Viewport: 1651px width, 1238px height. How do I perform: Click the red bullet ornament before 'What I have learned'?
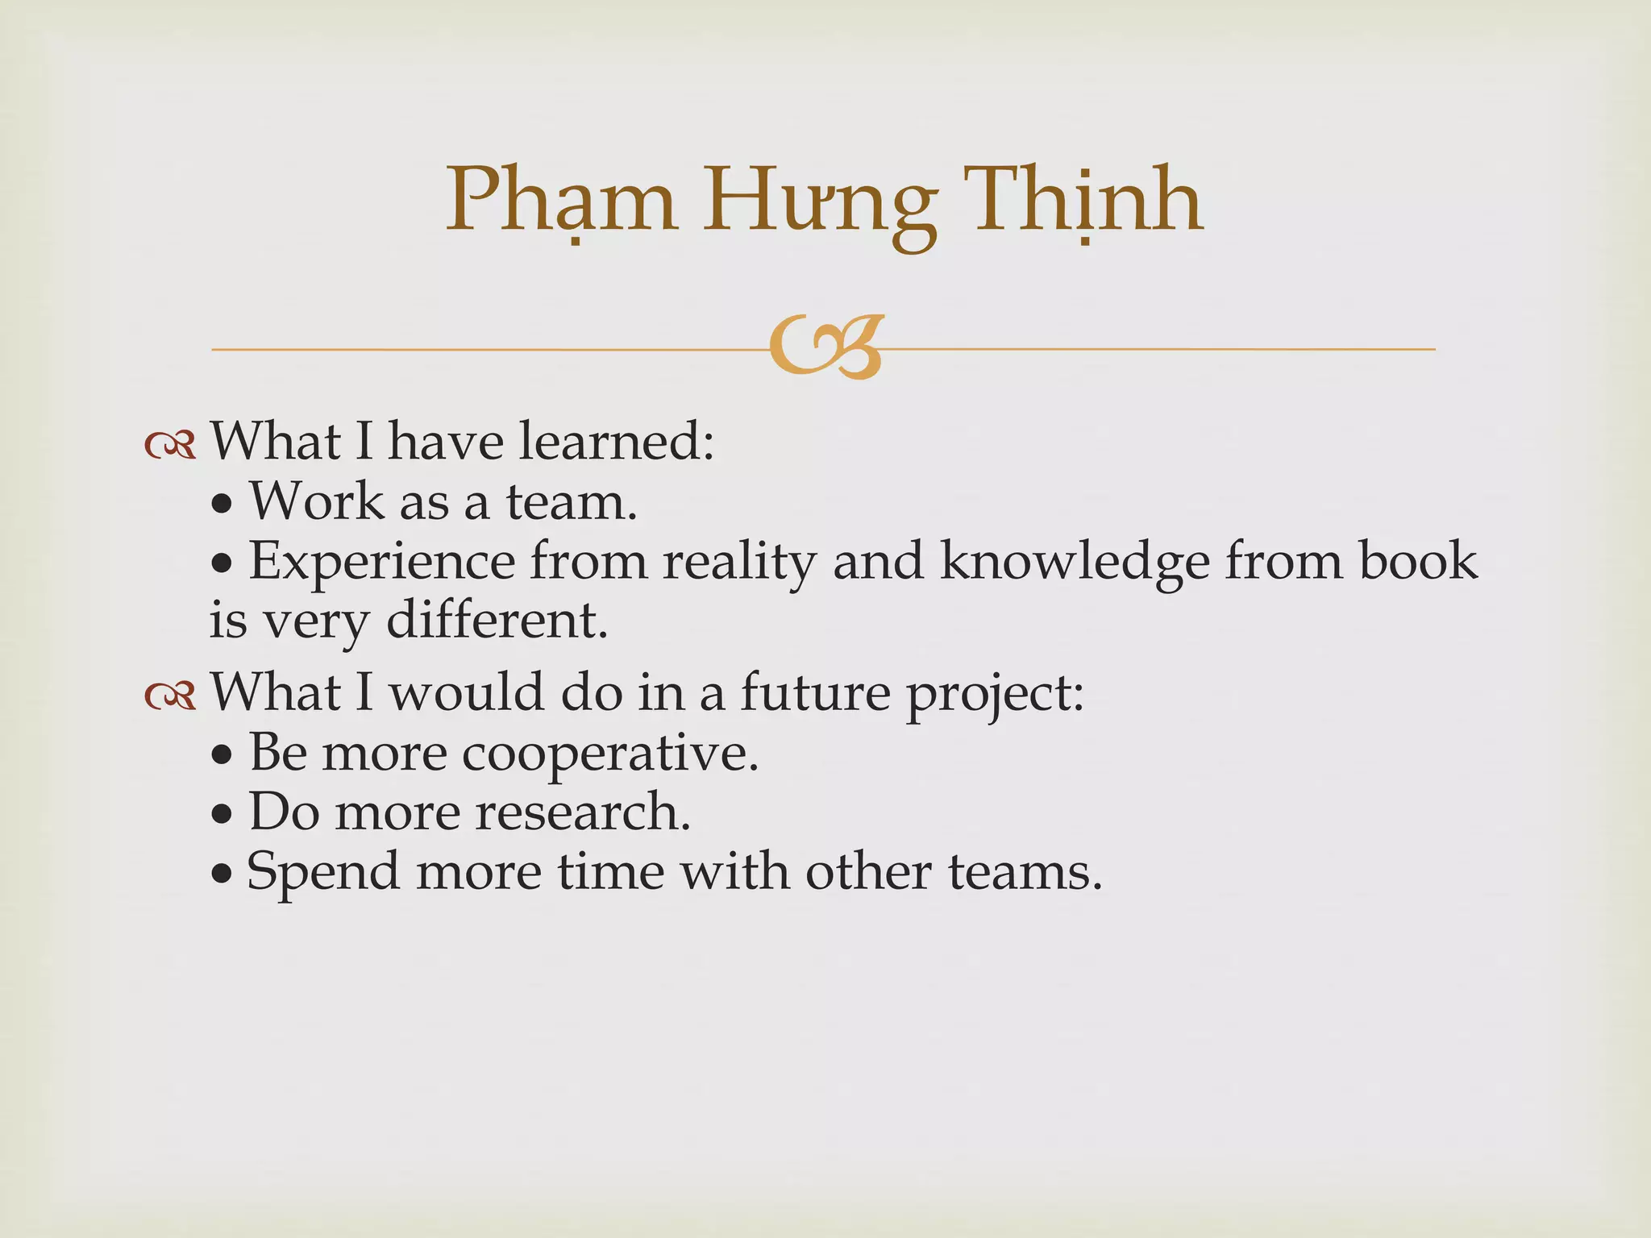click(x=170, y=444)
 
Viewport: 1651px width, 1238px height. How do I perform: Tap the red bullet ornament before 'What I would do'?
click(x=170, y=695)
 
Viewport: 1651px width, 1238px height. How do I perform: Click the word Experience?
click(x=381, y=562)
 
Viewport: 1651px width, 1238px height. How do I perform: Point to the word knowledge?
click(x=1075, y=562)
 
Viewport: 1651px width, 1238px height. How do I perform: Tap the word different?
click(x=497, y=621)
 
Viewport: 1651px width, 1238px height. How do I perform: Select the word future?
click(x=815, y=692)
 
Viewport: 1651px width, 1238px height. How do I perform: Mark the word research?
click(x=582, y=812)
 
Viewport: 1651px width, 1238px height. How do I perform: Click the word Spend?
click(x=323, y=873)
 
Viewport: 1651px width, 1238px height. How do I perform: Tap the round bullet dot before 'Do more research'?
click(x=222, y=816)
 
